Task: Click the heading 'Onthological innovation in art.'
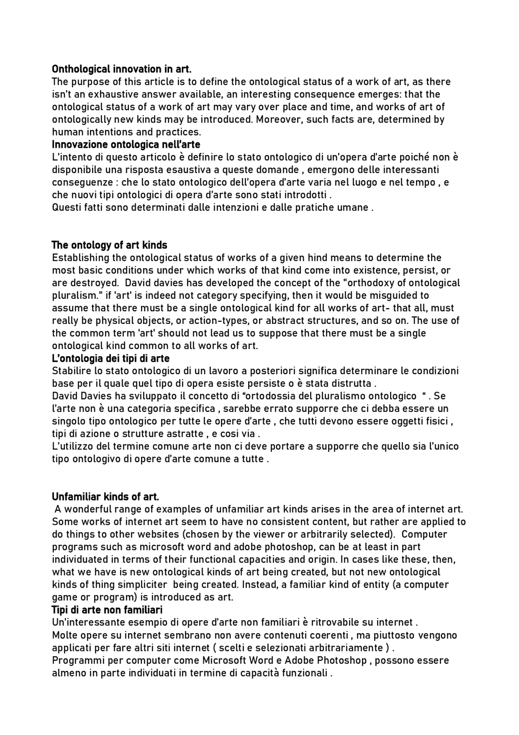(122, 69)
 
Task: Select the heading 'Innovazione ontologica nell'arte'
(126, 144)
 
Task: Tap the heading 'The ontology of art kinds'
(109, 245)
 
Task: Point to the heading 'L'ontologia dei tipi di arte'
(111, 358)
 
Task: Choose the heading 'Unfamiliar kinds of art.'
(105, 497)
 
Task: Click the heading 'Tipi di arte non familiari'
(107, 610)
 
